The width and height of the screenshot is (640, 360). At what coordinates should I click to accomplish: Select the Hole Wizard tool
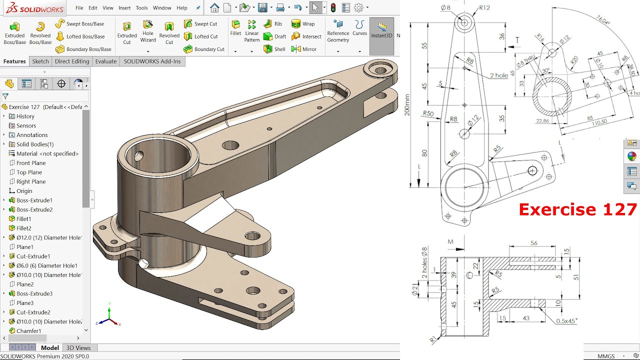147,31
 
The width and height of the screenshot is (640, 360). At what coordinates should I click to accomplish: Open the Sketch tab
40,61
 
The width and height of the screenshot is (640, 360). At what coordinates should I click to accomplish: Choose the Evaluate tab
106,61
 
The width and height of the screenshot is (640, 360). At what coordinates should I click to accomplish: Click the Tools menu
142,8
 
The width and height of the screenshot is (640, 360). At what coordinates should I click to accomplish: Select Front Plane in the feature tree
30,163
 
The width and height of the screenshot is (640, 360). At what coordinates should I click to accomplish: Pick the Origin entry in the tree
24,191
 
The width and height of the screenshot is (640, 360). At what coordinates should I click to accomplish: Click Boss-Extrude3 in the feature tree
34,293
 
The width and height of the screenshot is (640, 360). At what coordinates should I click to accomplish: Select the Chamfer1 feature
28,331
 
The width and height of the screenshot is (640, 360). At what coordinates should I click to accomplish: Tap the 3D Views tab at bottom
78,348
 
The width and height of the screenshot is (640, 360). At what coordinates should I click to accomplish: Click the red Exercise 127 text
577,209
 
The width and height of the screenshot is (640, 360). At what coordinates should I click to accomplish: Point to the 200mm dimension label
407,105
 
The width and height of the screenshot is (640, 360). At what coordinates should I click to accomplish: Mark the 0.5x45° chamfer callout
566,320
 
